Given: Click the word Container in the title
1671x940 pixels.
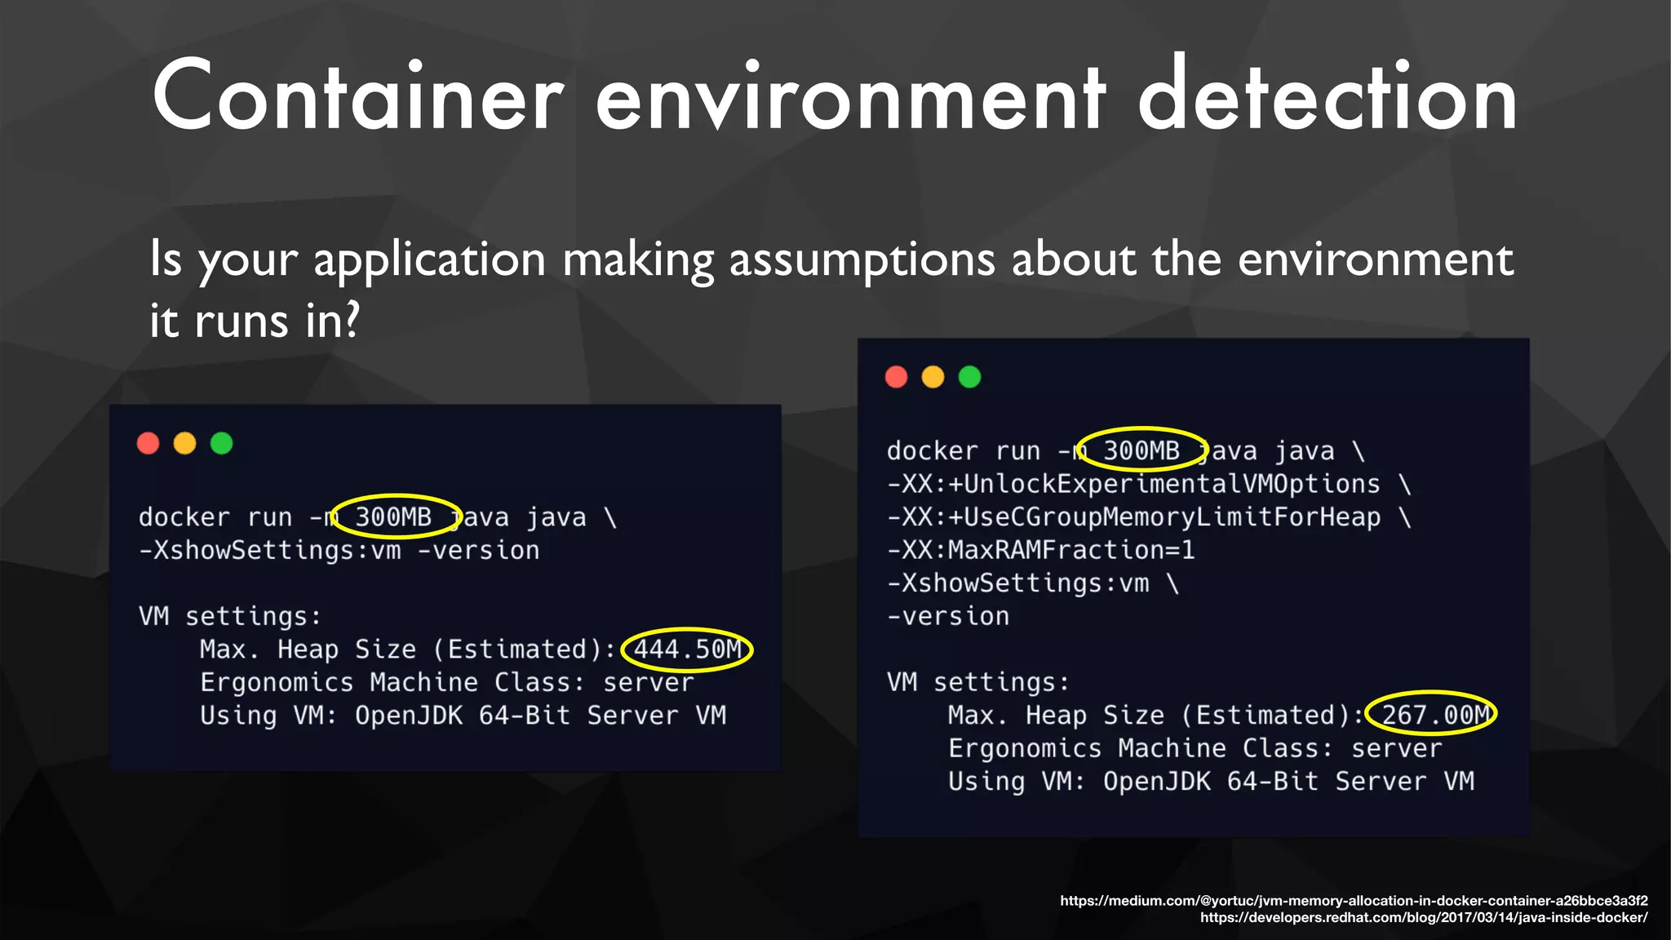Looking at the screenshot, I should (357, 96).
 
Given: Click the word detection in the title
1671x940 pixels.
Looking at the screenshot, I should (1327, 96).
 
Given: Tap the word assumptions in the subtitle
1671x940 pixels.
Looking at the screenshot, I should (862, 260).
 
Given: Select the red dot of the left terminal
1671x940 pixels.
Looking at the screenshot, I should (148, 443).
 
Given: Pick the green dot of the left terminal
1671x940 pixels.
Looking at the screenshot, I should (221, 443).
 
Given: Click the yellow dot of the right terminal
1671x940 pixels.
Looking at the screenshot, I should (933, 377).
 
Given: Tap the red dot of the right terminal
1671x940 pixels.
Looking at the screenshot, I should (896, 377).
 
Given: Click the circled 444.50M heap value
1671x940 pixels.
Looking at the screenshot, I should (687, 650).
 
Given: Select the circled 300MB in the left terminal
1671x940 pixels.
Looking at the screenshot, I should (394, 517).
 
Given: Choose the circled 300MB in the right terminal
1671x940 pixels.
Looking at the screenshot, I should (1141, 450).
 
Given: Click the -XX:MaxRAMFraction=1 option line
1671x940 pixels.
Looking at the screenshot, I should (1040, 550).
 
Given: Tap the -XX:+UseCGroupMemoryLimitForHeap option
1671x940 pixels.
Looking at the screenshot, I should (1134, 517).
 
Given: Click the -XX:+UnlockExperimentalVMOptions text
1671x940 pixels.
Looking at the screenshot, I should (1133, 484).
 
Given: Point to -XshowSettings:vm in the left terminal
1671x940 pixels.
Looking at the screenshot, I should (270, 551).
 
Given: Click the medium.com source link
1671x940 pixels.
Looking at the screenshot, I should (1354, 901).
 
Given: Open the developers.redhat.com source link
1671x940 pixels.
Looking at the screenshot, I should (1423, 918).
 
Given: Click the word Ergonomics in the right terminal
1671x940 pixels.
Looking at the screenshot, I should (1025, 748).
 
